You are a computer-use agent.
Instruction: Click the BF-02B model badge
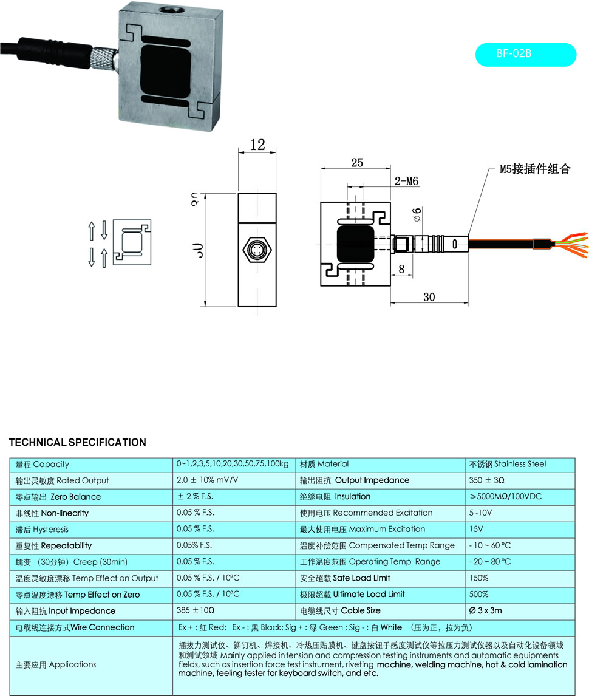coord(525,53)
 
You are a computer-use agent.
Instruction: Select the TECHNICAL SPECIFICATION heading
coord(78,442)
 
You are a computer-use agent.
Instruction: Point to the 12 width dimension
coord(257,145)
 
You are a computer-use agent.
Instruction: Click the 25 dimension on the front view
coord(356,162)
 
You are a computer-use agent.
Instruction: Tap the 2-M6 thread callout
coord(406,181)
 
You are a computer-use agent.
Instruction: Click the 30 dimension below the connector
coord(429,297)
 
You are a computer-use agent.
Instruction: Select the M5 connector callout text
coord(535,169)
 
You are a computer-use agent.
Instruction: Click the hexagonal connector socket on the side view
coord(257,250)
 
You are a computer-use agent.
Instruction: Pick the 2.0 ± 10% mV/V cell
coord(206,480)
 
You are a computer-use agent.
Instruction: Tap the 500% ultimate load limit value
coord(478,594)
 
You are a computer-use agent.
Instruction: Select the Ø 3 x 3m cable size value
coord(485,610)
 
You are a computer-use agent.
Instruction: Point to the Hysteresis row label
coord(42,529)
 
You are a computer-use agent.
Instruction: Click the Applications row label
coord(56,664)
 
